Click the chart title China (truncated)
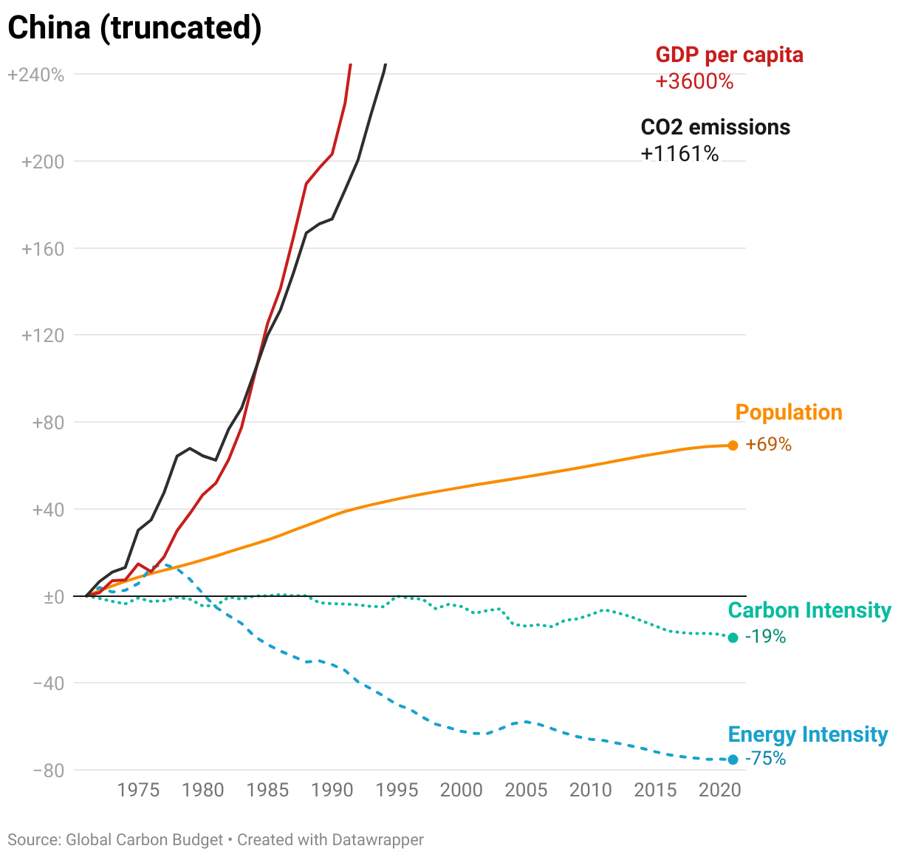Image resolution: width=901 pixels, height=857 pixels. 134,27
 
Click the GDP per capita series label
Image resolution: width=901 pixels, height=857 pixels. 729,55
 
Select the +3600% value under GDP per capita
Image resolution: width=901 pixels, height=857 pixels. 694,81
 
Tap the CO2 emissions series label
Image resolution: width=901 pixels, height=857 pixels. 715,127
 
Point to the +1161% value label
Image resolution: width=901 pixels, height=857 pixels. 679,154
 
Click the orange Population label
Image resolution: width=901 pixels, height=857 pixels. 788,412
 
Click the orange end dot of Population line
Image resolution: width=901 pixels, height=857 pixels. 733,445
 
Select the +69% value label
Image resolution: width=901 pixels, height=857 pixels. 768,445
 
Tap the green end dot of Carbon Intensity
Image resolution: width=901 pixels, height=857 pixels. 733,638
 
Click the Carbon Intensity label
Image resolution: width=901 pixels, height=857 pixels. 809,610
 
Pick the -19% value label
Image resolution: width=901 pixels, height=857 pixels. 766,637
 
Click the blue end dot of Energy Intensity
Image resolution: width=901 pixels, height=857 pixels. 733,759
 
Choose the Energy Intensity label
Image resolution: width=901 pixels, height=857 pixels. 808,734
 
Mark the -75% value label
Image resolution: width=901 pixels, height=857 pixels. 766,759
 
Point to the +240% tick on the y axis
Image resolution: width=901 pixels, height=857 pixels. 35,75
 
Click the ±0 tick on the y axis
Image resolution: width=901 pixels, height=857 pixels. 53,597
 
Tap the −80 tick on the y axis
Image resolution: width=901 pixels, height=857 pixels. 48,771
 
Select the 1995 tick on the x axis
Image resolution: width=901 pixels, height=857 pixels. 397,791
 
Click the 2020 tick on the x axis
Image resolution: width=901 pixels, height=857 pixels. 719,791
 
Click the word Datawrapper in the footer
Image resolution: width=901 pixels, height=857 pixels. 377,840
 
